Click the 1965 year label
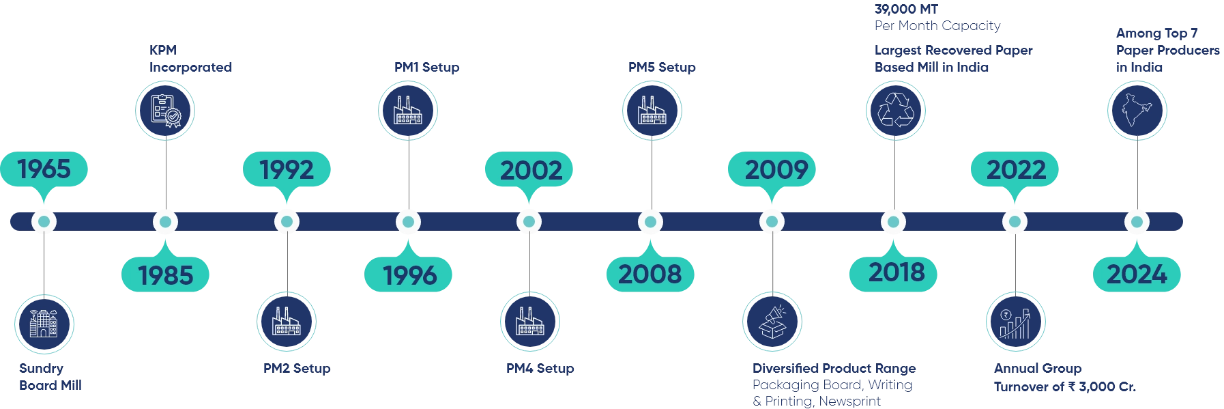pyautogui.click(x=44, y=169)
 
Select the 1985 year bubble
pyautogui.click(x=166, y=274)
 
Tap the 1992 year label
pyautogui.click(x=287, y=169)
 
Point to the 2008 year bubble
pyautogui.click(x=650, y=273)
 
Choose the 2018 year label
pyautogui.click(x=897, y=272)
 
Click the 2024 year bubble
pyautogui.click(x=1137, y=274)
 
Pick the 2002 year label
pyautogui.click(x=531, y=169)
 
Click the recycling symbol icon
pyautogui.click(x=894, y=110)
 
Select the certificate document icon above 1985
pyautogui.click(x=166, y=110)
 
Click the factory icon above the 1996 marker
pyautogui.click(x=408, y=110)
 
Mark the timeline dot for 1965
pyautogui.click(x=44, y=222)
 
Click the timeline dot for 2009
pyautogui.click(x=772, y=222)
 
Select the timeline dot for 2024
pyautogui.click(x=1136, y=222)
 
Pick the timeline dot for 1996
pyautogui.click(x=408, y=222)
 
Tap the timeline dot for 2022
pyautogui.click(x=1015, y=222)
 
